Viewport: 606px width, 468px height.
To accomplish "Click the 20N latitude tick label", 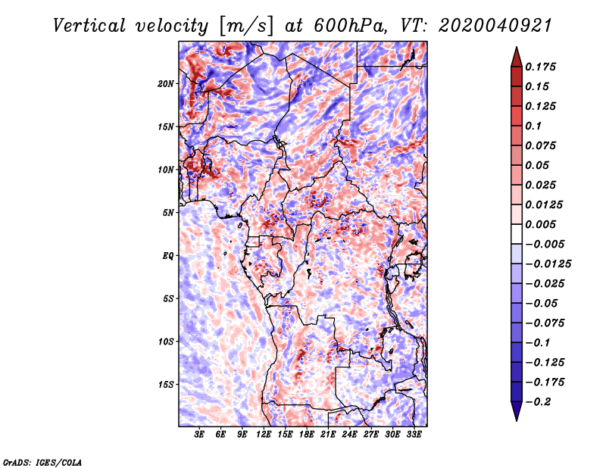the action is [166, 84].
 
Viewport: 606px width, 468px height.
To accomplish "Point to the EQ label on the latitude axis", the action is [167, 256].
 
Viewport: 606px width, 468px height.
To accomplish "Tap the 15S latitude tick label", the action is [166, 385].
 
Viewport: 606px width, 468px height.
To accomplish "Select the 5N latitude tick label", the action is [168, 213].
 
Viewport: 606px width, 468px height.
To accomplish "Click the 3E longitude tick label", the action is [199, 435].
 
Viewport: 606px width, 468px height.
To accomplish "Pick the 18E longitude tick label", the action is [307, 435].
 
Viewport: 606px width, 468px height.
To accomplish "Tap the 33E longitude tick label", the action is [414, 435].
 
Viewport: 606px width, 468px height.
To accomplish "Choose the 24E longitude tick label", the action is [349, 435].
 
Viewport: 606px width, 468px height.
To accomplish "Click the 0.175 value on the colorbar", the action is [540, 67].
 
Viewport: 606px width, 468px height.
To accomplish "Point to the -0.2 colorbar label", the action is [538, 402].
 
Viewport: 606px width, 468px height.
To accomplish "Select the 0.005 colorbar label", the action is [540, 224].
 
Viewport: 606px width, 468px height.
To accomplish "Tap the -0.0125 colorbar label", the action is [548, 264].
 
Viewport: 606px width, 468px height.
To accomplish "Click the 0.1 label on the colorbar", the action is [533, 126].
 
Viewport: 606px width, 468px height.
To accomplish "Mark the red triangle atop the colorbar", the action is [517, 57].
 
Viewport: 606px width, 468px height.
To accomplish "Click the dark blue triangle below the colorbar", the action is [517, 411].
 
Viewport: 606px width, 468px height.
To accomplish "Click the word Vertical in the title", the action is [89, 26].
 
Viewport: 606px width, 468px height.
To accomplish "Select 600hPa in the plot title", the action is [350, 26].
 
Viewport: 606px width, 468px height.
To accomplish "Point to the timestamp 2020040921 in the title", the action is [495, 26].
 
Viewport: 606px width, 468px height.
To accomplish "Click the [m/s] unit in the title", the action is [246, 27].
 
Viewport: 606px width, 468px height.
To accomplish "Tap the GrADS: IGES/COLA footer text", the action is [42, 463].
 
